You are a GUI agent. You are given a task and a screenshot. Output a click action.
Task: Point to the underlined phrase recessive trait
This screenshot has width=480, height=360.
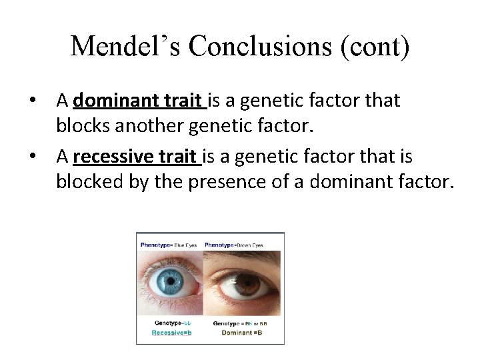coord(137,157)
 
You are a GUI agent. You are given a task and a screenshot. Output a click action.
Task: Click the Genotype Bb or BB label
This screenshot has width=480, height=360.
coord(242,323)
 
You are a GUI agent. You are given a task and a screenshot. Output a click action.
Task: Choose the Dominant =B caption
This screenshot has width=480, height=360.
coord(242,331)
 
